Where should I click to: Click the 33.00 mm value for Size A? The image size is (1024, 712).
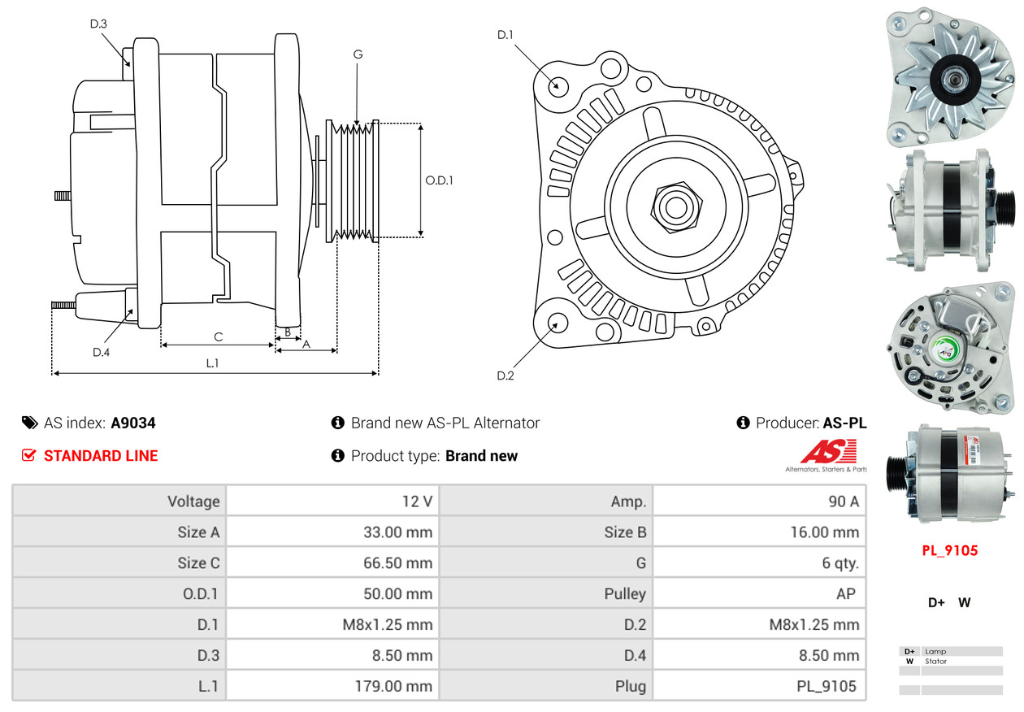[x=397, y=532]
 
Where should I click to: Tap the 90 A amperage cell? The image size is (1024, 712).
[x=843, y=501]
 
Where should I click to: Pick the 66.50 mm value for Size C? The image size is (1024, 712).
[x=397, y=563]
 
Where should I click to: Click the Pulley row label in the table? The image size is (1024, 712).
[x=625, y=594]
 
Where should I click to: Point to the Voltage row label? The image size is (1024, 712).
[x=193, y=501]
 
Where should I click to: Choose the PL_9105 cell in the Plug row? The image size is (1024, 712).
[x=826, y=686]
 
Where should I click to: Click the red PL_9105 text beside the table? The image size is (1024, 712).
[x=949, y=550]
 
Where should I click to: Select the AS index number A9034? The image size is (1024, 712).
[x=133, y=423]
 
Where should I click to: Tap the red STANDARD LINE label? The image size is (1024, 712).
[x=101, y=456]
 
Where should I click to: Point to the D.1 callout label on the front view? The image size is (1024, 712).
[x=505, y=35]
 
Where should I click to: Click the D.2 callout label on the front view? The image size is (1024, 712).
[x=505, y=376]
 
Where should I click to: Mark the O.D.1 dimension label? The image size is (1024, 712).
[x=439, y=180]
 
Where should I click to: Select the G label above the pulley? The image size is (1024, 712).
[x=358, y=54]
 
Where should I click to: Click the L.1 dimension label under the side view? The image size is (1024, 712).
[x=212, y=363]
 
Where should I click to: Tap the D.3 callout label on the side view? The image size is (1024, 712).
[x=98, y=24]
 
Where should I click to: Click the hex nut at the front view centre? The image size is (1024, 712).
[x=674, y=206]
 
